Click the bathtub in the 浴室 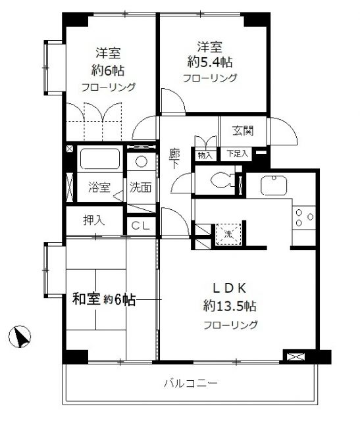[x=99, y=160]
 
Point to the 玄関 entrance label [x=243, y=130]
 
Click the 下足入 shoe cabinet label [x=238, y=154]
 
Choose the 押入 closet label [x=93, y=220]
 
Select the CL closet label [x=140, y=226]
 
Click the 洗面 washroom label [x=140, y=187]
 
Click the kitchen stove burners [x=303, y=218]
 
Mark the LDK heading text [x=228, y=287]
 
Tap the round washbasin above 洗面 [x=140, y=162]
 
